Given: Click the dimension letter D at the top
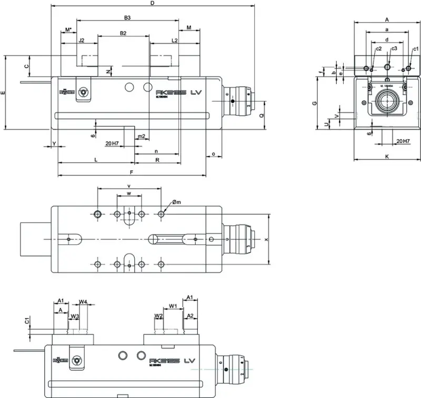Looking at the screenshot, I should tap(152, 3).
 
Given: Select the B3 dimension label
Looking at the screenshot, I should tap(127, 18).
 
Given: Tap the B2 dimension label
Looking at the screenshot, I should tap(123, 33).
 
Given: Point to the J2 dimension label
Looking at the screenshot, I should tap(82, 40).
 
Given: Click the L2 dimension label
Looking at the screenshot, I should tap(175, 40).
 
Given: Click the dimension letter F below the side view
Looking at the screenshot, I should tap(131, 172).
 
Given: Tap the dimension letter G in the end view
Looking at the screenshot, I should tap(314, 104).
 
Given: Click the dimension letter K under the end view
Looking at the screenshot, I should tap(387, 156).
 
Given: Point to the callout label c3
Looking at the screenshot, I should tap(394, 49).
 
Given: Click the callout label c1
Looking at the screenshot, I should tap(415, 49).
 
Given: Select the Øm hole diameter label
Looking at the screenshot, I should tap(176, 202).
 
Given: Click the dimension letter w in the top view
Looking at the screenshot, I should tap(129, 193).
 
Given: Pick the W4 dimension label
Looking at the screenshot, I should tap(83, 302).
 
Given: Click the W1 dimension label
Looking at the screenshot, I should tap(172, 305).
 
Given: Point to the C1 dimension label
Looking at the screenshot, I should tap(26, 320).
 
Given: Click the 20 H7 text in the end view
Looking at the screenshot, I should tap(404, 141).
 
